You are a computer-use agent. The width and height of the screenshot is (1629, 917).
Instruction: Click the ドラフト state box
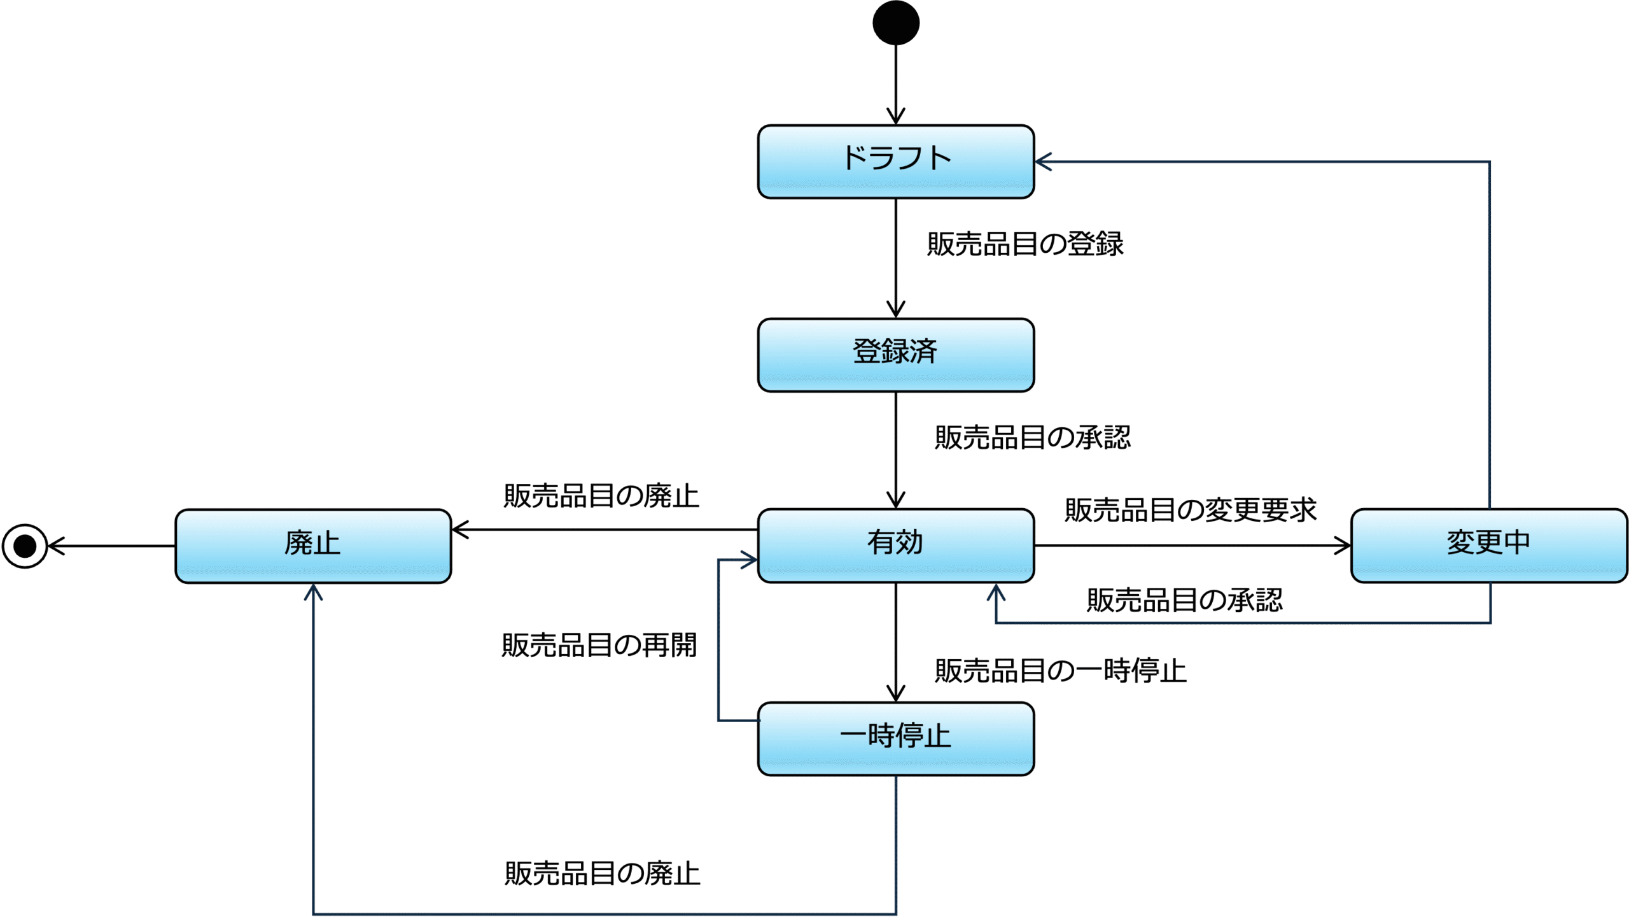coord(896,162)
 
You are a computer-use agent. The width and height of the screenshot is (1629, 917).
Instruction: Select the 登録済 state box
coord(896,355)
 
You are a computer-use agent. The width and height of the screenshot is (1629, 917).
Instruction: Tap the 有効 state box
coord(896,545)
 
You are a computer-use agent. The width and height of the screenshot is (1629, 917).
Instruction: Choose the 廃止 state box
coord(313,546)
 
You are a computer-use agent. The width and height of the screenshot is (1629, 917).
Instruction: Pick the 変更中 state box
coord(1489,545)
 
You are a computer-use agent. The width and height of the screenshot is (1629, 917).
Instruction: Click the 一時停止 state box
coord(896,739)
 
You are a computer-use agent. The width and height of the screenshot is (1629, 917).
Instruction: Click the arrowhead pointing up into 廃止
coord(313,593)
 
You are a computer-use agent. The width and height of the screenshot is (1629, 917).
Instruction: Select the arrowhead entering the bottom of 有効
coord(996,593)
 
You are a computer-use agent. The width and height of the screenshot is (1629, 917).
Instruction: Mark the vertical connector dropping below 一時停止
coord(896,841)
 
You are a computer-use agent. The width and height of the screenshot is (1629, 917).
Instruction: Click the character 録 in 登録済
coord(895,352)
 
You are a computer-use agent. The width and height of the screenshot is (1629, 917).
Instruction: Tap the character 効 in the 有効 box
coord(909,543)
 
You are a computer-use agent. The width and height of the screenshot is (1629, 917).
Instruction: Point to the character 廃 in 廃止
coord(298,543)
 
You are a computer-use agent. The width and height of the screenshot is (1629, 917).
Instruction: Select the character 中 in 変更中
coord(1517,543)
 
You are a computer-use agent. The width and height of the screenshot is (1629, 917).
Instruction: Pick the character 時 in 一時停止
coord(881,736)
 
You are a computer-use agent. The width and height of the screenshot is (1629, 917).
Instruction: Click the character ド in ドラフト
coord(854,158)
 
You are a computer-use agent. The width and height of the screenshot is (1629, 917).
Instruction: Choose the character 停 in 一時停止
coord(909,736)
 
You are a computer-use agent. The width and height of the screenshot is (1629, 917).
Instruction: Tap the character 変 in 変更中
coord(1460,543)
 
